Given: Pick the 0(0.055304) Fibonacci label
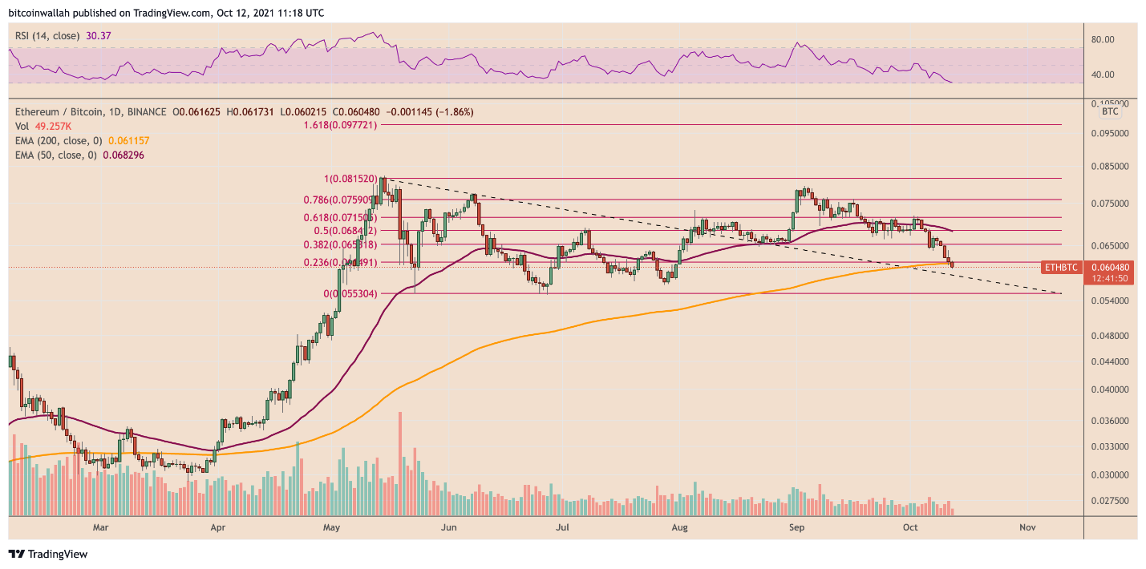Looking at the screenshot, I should pos(350,294).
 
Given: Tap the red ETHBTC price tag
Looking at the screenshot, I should pos(1063,266).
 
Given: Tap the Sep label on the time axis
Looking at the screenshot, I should pos(796,527).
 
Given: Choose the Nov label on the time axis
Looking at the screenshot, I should pos(1028,527).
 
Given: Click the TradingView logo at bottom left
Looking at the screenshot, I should pos(48,554).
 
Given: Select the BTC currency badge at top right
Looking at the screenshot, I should pos(1110,112).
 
